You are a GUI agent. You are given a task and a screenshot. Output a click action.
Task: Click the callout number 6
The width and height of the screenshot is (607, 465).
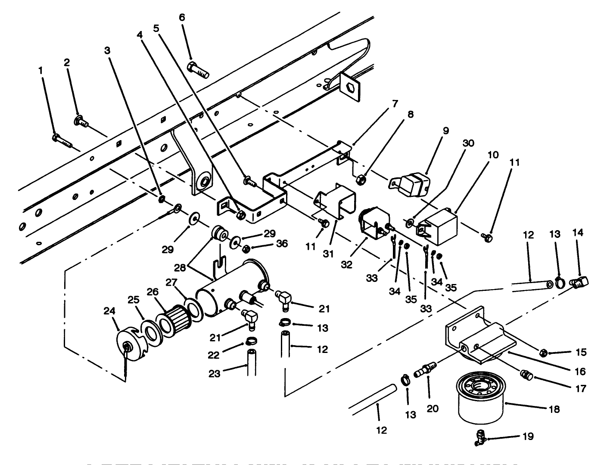point(182,17)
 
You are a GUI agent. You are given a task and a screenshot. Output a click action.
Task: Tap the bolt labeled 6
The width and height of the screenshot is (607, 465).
point(198,70)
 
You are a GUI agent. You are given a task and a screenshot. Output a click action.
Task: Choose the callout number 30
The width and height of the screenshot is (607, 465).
point(468,143)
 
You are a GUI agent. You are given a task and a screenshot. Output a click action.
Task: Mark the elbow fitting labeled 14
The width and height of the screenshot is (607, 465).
point(580,282)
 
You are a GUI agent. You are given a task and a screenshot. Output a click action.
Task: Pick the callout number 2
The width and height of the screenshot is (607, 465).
point(67,62)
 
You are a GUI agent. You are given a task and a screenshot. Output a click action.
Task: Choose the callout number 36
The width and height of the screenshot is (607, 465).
point(282,244)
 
